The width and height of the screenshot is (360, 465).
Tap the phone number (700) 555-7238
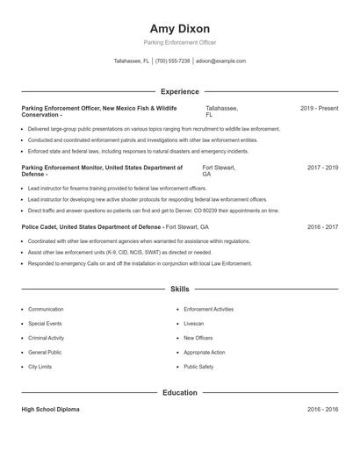pos(172,61)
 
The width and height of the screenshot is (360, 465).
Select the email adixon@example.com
pos(220,61)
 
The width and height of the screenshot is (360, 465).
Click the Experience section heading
pos(179,91)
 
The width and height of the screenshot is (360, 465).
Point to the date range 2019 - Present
pos(319,108)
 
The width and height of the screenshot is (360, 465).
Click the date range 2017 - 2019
pos(322,167)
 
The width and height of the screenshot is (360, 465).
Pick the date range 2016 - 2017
pos(322,226)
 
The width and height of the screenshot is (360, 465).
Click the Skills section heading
pos(179,289)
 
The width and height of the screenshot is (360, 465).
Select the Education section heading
pos(179,393)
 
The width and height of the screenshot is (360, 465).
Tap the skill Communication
pos(46,310)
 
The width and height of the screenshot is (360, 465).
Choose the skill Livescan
pos(195,324)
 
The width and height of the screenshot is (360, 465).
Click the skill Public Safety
pos(198,367)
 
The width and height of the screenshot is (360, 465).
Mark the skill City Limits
pos(40,367)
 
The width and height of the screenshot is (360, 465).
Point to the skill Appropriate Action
pos(205,353)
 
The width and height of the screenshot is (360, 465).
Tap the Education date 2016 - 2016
pos(322,410)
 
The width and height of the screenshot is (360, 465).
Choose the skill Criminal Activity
pos(47,338)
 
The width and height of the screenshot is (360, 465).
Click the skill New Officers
pos(198,338)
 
